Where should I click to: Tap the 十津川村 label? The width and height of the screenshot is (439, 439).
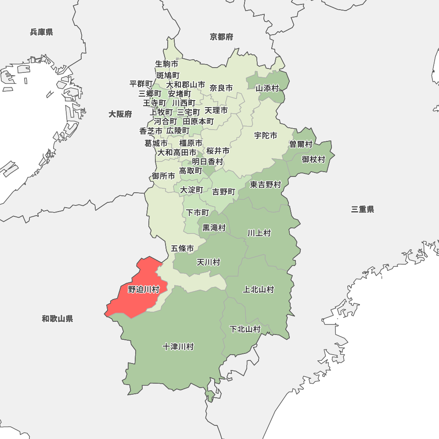[178, 347]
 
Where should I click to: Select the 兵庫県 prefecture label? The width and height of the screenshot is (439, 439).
[42, 32]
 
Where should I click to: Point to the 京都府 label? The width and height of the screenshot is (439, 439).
[221, 37]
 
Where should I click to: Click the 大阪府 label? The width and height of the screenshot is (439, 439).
[120, 114]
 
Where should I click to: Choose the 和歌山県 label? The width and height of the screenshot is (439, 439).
[58, 319]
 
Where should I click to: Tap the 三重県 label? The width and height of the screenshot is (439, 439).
[363, 209]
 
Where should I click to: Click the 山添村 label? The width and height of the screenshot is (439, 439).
[267, 88]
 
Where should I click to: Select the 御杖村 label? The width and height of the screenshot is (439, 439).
[313, 159]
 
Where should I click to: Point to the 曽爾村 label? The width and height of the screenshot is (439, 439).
[301, 144]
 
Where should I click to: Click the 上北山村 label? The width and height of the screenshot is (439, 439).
[259, 289]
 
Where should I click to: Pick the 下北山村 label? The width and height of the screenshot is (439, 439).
[245, 329]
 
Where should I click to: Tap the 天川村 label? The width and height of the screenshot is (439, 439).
[208, 263]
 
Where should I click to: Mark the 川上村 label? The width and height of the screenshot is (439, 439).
[259, 233]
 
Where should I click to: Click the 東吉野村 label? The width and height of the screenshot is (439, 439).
[266, 185]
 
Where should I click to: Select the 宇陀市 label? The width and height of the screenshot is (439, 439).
[266, 136]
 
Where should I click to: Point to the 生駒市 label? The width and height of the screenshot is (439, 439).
[167, 64]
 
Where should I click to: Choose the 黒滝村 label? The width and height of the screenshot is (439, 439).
[214, 228]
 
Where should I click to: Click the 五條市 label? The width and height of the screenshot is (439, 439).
[182, 249]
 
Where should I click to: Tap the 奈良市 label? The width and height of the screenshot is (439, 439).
[221, 88]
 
